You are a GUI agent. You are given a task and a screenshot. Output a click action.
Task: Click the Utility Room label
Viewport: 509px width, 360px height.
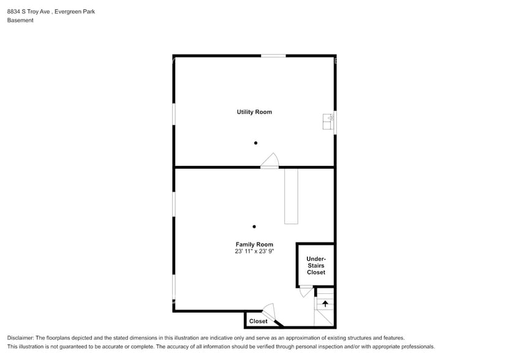[x=254, y=112]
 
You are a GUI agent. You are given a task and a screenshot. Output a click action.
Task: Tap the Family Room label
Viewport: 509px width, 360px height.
[x=254, y=244]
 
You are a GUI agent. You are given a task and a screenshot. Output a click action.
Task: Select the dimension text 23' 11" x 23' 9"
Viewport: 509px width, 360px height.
[x=254, y=251]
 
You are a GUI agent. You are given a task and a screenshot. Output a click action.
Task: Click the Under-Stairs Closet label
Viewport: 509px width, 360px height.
[x=316, y=265]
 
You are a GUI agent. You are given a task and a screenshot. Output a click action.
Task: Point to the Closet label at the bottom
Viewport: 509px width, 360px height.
[x=258, y=321]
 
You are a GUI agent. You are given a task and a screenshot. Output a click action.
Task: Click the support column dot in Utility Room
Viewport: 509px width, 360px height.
[x=255, y=143]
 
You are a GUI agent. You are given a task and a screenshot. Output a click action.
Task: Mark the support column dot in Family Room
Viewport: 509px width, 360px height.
[x=254, y=227]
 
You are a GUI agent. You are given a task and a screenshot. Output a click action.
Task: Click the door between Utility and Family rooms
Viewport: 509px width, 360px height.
[x=270, y=161]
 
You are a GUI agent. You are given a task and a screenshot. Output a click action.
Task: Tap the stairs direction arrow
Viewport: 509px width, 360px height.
[x=325, y=303]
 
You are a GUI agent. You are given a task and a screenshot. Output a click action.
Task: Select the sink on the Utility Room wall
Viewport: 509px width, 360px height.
[x=328, y=121]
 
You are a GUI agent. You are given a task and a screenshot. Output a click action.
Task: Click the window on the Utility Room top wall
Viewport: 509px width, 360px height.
[x=273, y=56]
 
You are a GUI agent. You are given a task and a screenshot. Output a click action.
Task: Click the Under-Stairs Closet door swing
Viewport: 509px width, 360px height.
[x=306, y=292]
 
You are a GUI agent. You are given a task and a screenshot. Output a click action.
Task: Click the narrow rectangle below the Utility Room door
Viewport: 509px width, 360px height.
[x=291, y=196]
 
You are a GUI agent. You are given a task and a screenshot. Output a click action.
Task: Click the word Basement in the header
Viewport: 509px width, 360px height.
[x=20, y=20]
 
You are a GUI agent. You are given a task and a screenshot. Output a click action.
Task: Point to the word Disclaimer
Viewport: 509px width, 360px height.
[x=20, y=338]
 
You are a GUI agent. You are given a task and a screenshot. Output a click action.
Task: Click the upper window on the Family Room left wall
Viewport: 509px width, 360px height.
[x=174, y=204]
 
